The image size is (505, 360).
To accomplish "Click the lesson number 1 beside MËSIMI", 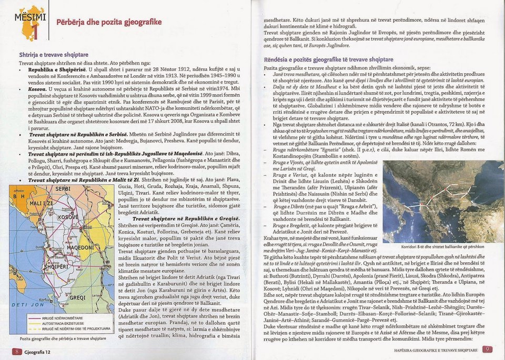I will [x=35, y=32].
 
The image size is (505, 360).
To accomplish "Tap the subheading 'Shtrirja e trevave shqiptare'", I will [x=53, y=55].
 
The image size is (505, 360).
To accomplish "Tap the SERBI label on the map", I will [x=63, y=189].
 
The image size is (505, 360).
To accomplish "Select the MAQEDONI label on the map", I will [x=80, y=247].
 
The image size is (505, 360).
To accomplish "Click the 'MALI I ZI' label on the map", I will [x=41, y=203].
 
